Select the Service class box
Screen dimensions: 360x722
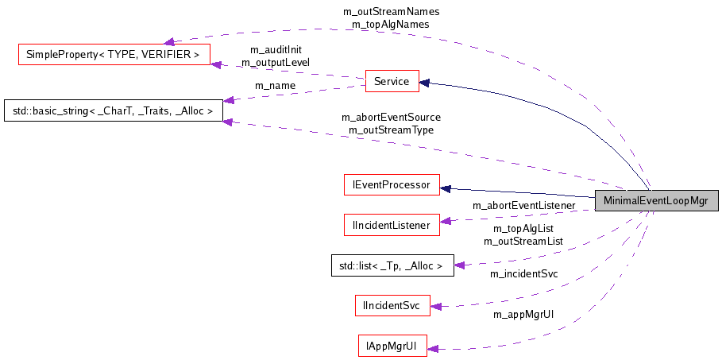(x=391, y=81)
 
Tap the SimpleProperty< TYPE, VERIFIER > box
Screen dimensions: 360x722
(x=113, y=55)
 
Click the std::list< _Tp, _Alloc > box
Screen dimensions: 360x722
(x=392, y=265)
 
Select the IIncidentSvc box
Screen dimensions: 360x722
(x=392, y=304)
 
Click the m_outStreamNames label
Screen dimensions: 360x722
(x=391, y=12)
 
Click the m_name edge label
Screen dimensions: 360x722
(x=275, y=86)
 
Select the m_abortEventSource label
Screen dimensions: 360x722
(x=391, y=117)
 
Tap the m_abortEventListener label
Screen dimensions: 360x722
(x=523, y=206)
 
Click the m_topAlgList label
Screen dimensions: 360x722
(x=523, y=228)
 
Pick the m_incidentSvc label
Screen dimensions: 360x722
(x=523, y=274)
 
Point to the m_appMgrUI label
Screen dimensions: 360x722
(x=523, y=315)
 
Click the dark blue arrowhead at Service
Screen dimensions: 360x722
(x=425, y=81)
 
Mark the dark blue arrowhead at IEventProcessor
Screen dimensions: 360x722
(x=445, y=188)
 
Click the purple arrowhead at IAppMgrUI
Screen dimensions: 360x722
(x=433, y=347)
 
